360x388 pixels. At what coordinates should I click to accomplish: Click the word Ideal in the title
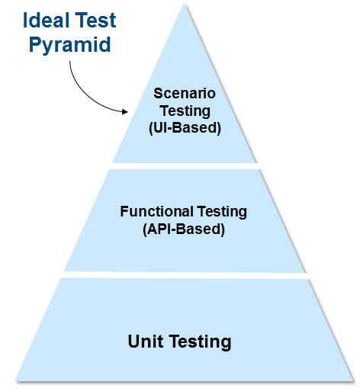[x=46, y=20]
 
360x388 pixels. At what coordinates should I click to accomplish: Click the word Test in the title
[x=96, y=20]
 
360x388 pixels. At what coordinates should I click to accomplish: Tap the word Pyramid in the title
[x=70, y=45]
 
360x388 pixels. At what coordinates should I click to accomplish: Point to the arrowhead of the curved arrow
[x=125, y=111]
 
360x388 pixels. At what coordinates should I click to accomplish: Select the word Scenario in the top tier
[x=185, y=93]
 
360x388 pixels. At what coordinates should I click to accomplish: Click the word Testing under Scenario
[x=185, y=111]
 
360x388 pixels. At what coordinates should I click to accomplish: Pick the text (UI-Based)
[x=185, y=128]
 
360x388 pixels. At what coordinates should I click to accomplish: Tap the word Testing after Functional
[x=222, y=212]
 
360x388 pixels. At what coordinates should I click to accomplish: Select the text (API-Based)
[x=184, y=229]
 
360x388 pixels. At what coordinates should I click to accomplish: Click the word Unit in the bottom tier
[x=146, y=341]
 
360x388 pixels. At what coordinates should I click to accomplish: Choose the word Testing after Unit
[x=201, y=342]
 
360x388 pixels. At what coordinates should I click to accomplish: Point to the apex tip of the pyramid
[x=184, y=4]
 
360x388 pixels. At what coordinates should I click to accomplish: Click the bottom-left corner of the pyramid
[x=16, y=380]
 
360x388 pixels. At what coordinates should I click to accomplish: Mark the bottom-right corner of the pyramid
[x=354, y=380]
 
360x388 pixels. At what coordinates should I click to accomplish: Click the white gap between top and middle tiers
[x=185, y=166]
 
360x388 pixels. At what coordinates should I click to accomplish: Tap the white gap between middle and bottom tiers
[x=185, y=275]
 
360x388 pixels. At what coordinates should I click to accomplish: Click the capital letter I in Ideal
[x=25, y=20]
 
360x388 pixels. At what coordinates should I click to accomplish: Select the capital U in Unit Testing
[x=134, y=342]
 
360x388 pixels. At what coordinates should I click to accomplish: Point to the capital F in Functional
[x=124, y=211]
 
